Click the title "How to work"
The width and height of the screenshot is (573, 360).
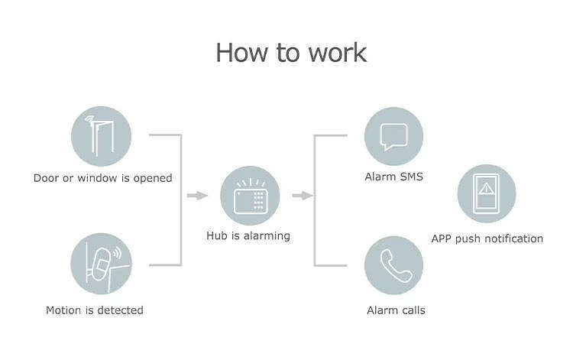(291, 53)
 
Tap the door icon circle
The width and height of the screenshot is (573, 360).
(101, 136)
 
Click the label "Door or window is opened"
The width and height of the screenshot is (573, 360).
(102, 178)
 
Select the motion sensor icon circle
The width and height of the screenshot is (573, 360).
(101, 264)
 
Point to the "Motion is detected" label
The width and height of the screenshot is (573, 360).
(95, 310)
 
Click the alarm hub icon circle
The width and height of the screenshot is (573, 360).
(250, 196)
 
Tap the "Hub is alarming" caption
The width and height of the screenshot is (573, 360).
(248, 236)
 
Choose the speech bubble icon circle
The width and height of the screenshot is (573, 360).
(394, 136)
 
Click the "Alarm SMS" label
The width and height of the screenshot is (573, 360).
(394, 177)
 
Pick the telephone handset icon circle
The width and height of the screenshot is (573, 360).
(394, 265)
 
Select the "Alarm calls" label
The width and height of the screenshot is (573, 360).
(396, 310)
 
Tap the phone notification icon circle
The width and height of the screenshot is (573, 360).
(487, 193)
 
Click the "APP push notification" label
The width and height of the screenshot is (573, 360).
(487, 238)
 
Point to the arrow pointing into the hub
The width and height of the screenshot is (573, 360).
(197, 196)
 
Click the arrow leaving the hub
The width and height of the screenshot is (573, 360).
(303, 196)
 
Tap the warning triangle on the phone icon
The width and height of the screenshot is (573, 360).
(487, 189)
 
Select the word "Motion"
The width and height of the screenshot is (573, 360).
(63, 310)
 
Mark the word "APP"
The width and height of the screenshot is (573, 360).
(442, 238)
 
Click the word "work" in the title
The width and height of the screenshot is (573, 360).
(338, 54)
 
